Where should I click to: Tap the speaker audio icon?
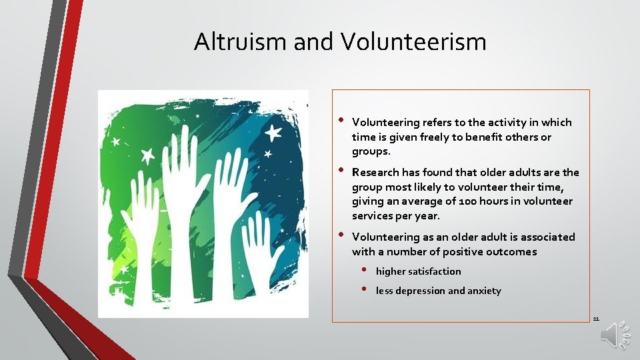[x=613, y=336]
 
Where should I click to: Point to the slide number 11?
[x=596, y=319]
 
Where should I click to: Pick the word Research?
[x=375, y=172]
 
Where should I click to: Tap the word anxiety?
[x=484, y=291]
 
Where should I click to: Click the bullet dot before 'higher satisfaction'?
[x=365, y=271]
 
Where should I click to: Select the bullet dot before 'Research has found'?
[x=341, y=170]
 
